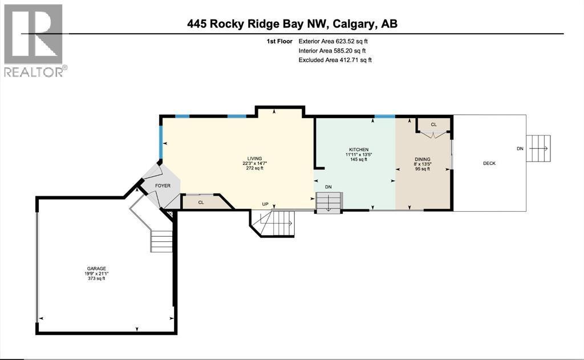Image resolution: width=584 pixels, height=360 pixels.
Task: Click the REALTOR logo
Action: click(34, 41)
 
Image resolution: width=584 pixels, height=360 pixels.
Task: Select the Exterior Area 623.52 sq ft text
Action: click(333, 42)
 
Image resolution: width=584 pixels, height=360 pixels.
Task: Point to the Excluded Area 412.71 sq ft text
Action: click(335, 60)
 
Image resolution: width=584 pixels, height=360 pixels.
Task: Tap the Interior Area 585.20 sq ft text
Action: click(332, 51)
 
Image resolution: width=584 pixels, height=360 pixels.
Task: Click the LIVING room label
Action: click(255, 159)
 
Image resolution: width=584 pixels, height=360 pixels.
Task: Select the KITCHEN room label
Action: click(359, 150)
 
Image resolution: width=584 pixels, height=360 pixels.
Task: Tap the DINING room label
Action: click(423, 160)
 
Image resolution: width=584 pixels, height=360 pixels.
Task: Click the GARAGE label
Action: click(96, 269)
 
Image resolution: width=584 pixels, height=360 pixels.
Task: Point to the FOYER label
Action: click(163, 185)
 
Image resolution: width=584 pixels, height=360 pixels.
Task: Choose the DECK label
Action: click(489, 163)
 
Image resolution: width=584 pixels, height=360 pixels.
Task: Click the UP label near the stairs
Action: click(265, 204)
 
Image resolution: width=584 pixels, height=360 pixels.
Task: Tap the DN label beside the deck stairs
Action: click(520, 149)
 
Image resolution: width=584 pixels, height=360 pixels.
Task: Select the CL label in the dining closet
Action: click(433, 124)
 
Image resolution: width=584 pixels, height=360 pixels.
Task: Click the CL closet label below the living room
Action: click(201, 203)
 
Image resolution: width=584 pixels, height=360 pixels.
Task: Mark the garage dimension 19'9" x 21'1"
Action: click(96, 273)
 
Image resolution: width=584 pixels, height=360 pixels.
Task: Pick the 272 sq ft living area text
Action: click(255, 168)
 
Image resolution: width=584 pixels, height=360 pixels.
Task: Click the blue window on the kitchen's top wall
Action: click(385, 116)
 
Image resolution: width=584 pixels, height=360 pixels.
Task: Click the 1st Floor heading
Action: click(279, 42)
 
